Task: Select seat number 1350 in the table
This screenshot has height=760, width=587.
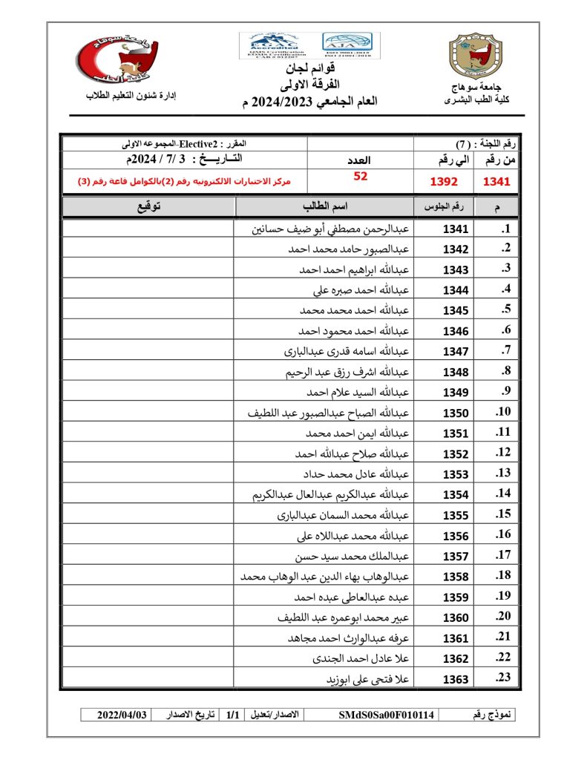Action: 456,413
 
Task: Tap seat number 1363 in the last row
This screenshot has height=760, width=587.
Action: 456,679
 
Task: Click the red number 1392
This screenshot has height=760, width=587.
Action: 445,181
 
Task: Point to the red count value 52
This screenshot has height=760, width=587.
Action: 360,177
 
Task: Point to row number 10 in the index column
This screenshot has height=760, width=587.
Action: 503,412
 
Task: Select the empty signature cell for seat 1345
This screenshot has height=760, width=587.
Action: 148,310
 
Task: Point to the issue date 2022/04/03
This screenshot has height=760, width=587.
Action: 122,715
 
